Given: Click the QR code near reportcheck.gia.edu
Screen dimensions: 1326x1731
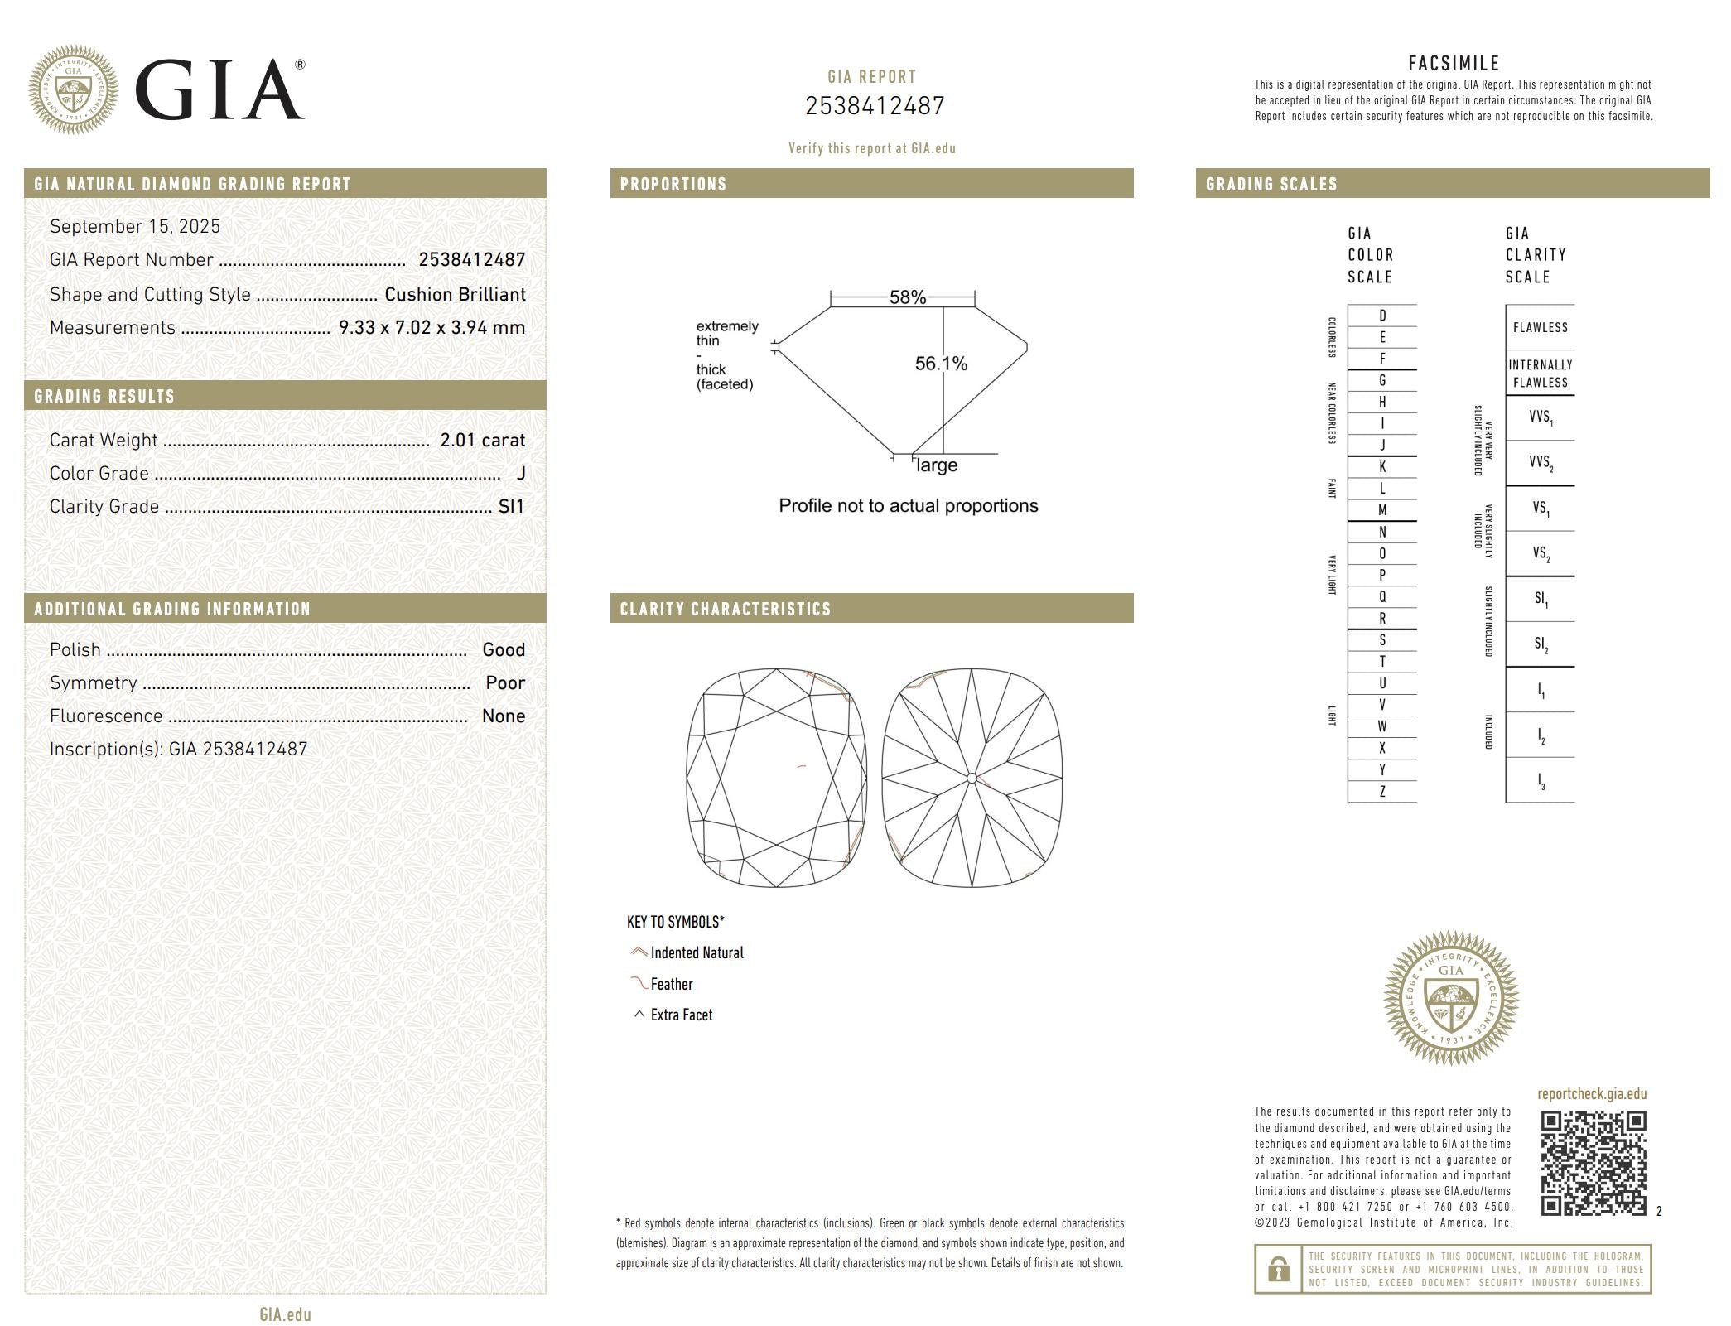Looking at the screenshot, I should point(1593,1163).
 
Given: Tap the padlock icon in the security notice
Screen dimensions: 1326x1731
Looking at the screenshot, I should point(1278,1268).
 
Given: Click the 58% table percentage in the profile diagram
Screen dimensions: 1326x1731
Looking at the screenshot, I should point(907,297).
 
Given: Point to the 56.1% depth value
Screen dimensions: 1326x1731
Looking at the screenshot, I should point(941,364).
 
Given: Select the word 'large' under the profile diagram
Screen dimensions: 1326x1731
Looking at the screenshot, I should point(937,465).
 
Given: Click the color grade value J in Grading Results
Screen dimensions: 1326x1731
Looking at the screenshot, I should point(520,474).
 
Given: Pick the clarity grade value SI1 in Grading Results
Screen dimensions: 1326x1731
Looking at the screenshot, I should point(511,507).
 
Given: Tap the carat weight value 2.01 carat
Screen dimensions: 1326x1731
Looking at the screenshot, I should point(482,441).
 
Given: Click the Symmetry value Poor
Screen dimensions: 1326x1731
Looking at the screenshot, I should point(505,683).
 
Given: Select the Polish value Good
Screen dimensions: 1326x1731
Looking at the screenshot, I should point(504,650).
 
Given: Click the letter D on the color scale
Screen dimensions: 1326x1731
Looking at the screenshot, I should point(1381,316).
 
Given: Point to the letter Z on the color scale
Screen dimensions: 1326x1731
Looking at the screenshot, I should point(1381,792).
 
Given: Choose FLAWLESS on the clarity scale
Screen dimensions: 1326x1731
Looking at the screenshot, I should point(1540,327).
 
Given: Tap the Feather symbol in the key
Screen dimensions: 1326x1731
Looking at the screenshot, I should point(639,984).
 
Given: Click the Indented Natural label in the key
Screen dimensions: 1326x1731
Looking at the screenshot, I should point(697,953).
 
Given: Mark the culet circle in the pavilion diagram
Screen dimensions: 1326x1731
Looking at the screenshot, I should point(972,779).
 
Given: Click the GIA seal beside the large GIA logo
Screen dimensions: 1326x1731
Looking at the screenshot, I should point(73,89).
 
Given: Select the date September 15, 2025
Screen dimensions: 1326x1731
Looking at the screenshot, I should point(135,227).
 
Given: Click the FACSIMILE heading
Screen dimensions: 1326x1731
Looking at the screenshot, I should point(1454,64).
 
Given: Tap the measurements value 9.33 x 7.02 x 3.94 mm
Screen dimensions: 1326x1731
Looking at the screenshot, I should point(432,328).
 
